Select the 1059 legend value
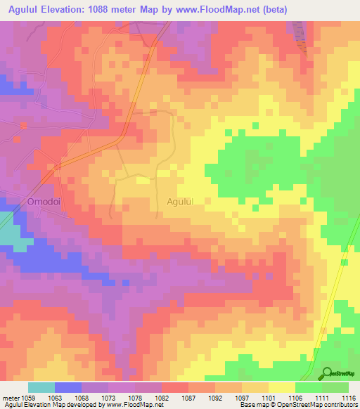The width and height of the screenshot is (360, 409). pyautogui.click(x=27, y=398)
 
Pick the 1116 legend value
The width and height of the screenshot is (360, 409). pyautogui.click(x=348, y=398)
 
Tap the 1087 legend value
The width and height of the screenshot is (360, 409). pyautogui.click(x=188, y=398)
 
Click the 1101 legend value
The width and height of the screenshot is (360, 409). pyautogui.click(x=269, y=398)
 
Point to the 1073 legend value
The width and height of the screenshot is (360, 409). pyautogui.click(x=108, y=398)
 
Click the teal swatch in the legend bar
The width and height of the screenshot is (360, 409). pyautogui.click(x=41, y=388)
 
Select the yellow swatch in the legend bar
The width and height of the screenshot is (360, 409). pyautogui.click(x=281, y=388)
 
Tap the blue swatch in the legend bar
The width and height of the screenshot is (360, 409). pyautogui.click(x=67, y=388)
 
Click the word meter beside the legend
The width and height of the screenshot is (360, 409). pyautogui.click(x=10, y=398)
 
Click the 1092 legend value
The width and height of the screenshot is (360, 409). pyautogui.click(x=215, y=398)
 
